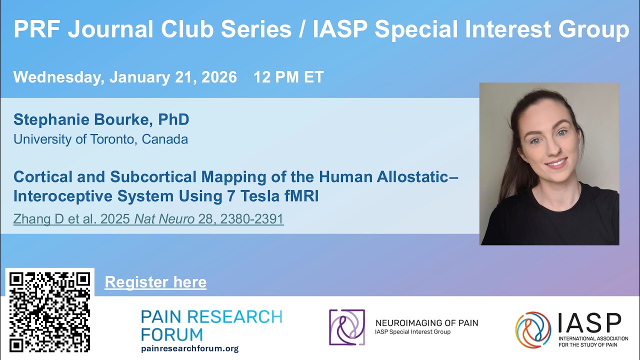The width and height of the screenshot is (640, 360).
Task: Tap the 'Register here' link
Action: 155,282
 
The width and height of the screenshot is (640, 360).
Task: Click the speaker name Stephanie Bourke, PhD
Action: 101,119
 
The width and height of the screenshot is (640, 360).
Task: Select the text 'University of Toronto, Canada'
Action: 100,139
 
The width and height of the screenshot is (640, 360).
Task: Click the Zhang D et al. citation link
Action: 148,219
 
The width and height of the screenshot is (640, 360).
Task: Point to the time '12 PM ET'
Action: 288,77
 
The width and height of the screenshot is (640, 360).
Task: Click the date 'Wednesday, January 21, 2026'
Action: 125,77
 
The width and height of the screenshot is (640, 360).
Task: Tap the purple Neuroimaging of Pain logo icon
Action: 346,327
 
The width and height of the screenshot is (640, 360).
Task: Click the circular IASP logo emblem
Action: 533,329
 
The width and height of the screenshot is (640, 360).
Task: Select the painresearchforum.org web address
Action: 189,348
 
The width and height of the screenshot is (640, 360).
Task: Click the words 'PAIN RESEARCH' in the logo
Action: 211,316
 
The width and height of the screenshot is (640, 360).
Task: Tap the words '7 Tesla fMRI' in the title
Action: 272,196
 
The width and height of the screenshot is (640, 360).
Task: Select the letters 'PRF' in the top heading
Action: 36,29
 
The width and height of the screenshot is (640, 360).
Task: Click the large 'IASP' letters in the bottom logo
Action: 589,323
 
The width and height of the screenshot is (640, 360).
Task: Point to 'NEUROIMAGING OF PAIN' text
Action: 426,323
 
